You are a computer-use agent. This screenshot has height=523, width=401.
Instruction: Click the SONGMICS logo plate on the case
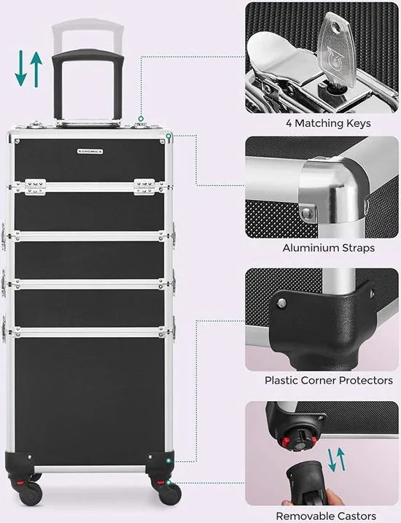click(x=90, y=152)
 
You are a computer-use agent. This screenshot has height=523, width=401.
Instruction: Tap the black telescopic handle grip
click(x=88, y=55)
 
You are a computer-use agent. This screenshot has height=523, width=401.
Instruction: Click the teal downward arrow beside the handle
click(x=20, y=68)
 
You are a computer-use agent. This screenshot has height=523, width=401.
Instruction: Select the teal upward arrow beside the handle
click(x=36, y=69)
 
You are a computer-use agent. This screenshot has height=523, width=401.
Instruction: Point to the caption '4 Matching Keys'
click(x=328, y=123)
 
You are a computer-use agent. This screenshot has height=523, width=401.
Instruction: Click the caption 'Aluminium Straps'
click(x=328, y=248)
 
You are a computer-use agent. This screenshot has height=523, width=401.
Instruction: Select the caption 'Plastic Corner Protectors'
click(x=329, y=380)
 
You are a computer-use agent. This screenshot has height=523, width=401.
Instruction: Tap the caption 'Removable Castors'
click(x=326, y=516)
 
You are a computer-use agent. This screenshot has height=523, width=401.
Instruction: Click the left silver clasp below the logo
click(x=35, y=187)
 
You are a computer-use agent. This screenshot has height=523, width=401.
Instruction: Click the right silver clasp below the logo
click(x=144, y=187)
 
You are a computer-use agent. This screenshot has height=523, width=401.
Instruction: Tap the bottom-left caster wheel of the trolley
click(x=31, y=493)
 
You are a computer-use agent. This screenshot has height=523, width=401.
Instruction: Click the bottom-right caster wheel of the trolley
click(x=170, y=492)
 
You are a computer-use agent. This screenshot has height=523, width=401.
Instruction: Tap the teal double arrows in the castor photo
click(x=336, y=460)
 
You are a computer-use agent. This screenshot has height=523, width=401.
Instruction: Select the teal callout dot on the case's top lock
click(x=141, y=118)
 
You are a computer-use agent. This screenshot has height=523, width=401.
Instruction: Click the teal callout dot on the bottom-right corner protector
click(x=168, y=460)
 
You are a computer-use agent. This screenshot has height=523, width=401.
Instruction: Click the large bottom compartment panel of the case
click(x=90, y=401)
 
